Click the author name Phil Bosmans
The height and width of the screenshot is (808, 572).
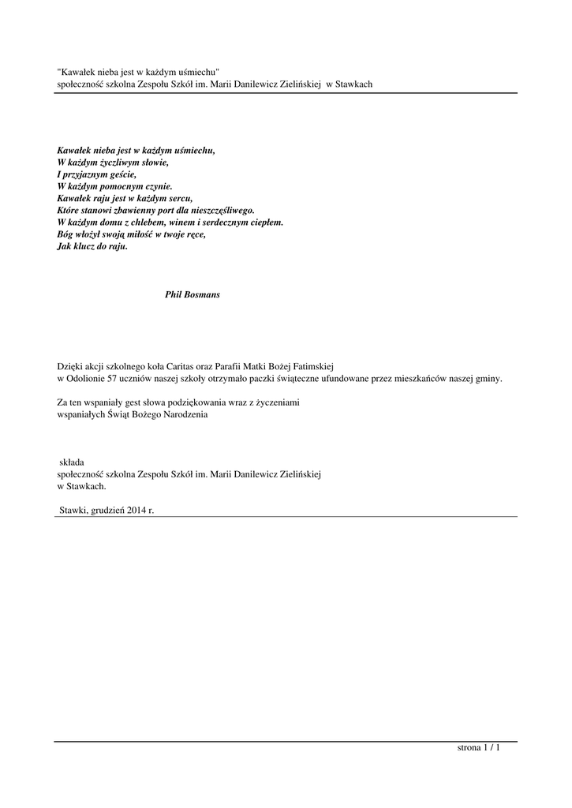coord(193,294)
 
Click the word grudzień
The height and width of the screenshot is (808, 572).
coord(103,511)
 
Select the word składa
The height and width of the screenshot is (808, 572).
coord(73,462)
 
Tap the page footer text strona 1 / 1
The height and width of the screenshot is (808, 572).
coord(479,747)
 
